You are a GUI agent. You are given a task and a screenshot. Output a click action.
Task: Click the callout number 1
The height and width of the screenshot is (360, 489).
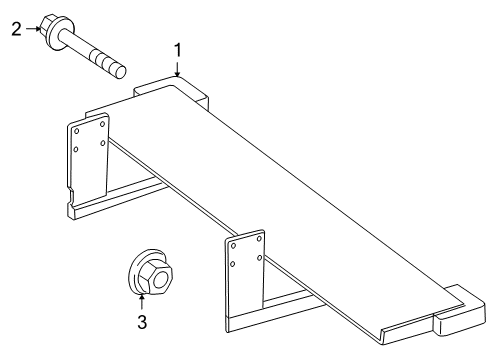pyautogui.click(x=178, y=49)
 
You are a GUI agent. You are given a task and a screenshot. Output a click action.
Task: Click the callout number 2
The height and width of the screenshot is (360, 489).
pyautogui.click(x=16, y=29)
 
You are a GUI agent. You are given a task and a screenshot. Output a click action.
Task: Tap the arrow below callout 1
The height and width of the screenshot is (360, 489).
pyautogui.click(x=178, y=69)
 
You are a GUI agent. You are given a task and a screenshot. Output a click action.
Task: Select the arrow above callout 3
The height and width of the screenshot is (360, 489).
pyautogui.click(x=143, y=298)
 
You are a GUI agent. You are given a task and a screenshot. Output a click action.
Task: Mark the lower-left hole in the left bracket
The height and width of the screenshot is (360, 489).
pyautogui.click(x=77, y=150)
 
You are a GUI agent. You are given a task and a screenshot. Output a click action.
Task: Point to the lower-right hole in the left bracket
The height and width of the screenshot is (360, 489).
pyautogui.click(x=102, y=143)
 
